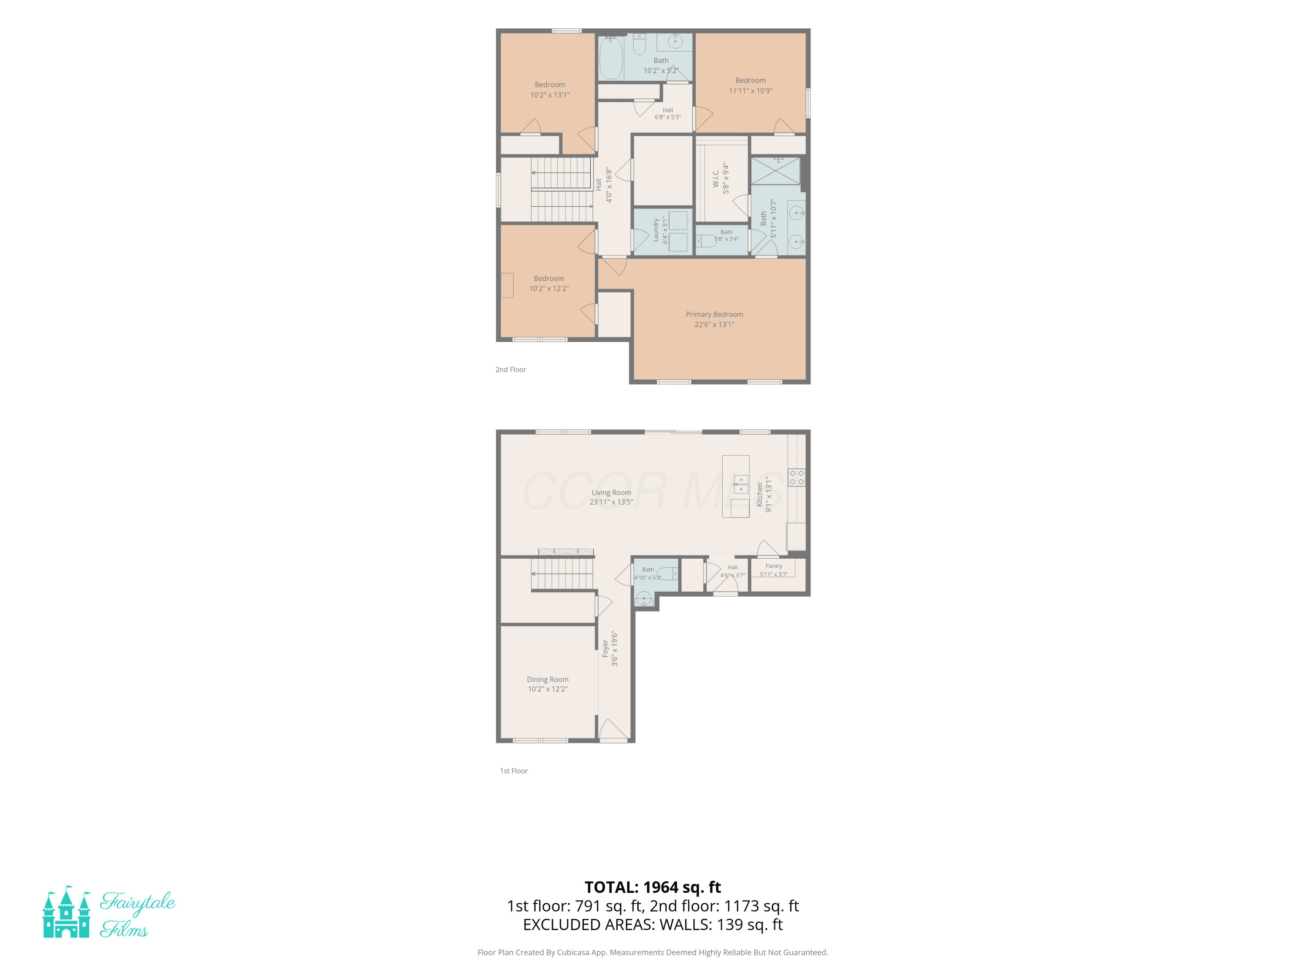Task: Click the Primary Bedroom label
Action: click(x=714, y=315)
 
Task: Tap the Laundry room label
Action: click(x=655, y=230)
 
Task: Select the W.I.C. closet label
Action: click(x=716, y=179)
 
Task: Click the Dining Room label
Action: click(x=547, y=679)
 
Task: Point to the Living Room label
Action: click(x=611, y=492)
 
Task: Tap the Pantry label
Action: click(x=774, y=566)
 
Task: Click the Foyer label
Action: click(x=605, y=649)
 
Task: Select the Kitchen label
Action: click(x=760, y=495)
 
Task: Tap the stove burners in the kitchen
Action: click(x=797, y=477)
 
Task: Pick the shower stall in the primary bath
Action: click(x=775, y=171)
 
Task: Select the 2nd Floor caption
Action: click(x=511, y=369)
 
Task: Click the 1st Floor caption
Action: click(x=514, y=771)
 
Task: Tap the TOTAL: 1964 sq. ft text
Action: click(x=653, y=887)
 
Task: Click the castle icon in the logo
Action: click(x=67, y=912)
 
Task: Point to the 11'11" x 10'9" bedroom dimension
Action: click(x=751, y=91)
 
